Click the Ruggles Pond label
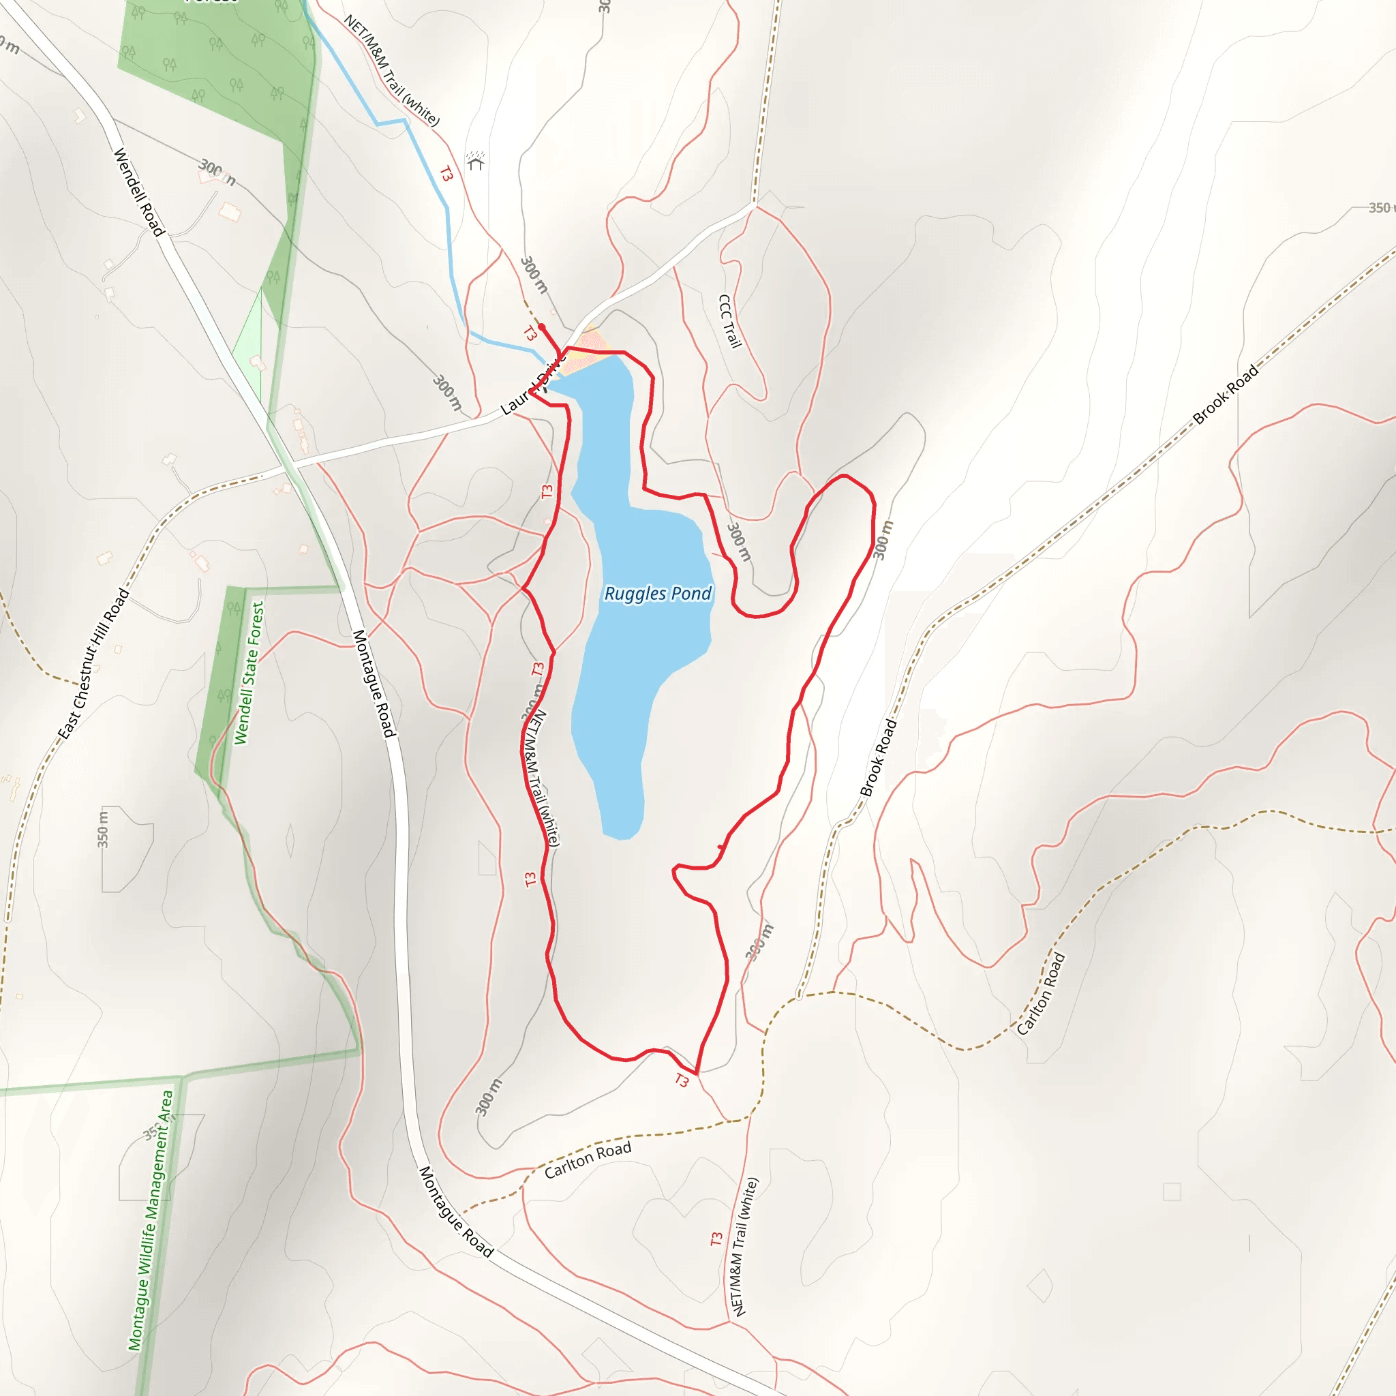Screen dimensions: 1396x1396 [x=658, y=593]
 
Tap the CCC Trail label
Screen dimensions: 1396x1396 [x=730, y=321]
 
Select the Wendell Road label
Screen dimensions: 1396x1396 [x=139, y=192]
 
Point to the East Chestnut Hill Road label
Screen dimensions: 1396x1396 [x=94, y=663]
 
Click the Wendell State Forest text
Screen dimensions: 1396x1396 [x=249, y=673]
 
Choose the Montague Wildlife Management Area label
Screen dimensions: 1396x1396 [x=151, y=1219]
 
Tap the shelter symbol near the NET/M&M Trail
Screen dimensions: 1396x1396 [x=474, y=160]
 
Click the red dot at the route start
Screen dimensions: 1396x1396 [x=541, y=327]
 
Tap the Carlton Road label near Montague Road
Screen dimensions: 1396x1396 [x=588, y=1159]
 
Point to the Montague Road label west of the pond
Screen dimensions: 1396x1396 [x=374, y=684]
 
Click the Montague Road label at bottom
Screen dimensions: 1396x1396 [x=456, y=1211]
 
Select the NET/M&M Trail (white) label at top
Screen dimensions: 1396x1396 [x=391, y=70]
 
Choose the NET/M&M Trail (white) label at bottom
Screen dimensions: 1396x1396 [x=745, y=1247]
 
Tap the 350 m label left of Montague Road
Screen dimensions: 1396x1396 [x=104, y=829]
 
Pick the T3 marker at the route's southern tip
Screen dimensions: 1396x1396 [x=682, y=1080]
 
